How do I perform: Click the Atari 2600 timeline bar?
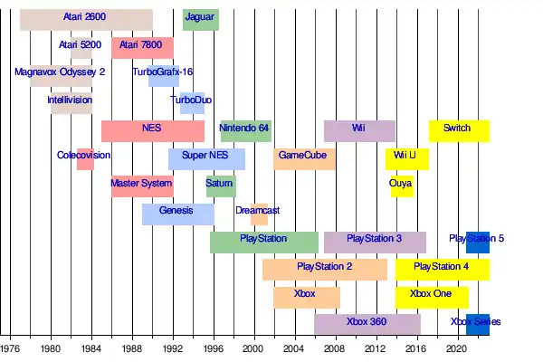[x=86, y=19]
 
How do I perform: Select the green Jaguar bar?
[x=200, y=19]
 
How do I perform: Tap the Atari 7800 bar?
[x=142, y=47]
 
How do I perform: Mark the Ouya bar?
[x=401, y=186]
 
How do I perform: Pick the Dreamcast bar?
[x=259, y=214]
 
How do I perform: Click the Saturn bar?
[x=220, y=186]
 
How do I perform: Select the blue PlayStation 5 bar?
[x=478, y=243]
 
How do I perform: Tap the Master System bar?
[x=142, y=186]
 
